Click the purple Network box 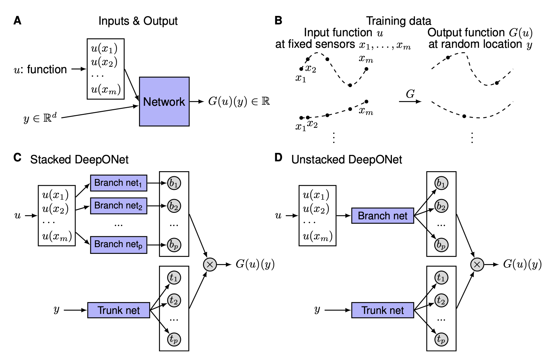164,101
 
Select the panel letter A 17,21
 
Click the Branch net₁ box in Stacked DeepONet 118,183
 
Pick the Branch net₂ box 118,206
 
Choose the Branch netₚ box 118,244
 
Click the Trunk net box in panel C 118,310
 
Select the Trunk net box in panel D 382,310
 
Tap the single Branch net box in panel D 382,216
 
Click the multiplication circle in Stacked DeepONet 210,264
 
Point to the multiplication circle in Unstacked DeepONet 477,264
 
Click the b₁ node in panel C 174,183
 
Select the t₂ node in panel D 441,300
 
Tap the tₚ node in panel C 174,339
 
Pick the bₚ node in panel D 441,244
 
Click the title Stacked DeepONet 79,160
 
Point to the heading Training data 398,21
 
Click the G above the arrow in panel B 410,94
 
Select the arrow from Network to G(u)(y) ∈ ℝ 196,101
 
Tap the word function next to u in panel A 47,69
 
